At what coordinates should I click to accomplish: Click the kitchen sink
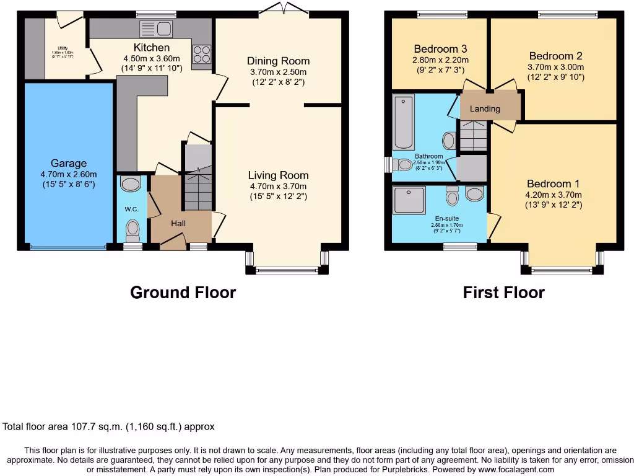click(156, 29)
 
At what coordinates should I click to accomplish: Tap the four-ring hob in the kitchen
click(202, 55)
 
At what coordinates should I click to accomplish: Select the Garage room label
click(69, 163)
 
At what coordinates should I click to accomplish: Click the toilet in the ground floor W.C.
click(132, 232)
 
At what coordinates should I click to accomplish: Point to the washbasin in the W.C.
click(131, 183)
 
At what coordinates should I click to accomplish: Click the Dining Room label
click(278, 61)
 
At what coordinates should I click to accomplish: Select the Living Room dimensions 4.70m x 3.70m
click(277, 186)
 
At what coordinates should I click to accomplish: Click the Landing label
click(485, 108)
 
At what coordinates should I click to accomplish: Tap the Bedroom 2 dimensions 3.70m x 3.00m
click(555, 67)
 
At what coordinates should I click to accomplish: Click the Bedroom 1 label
click(554, 183)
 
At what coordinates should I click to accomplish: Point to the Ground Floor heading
click(183, 292)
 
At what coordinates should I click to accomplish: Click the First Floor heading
click(503, 292)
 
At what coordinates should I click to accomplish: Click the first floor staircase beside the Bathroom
click(473, 136)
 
